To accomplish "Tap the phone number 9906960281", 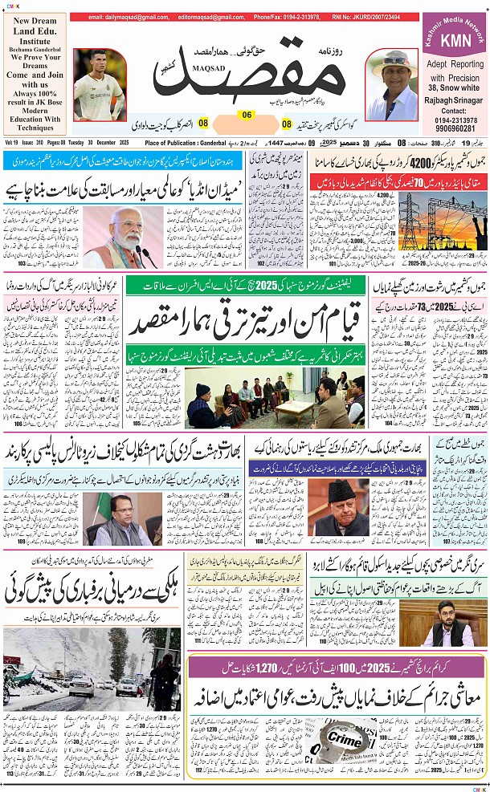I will coord(454,128).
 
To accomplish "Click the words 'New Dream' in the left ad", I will coord(34,21).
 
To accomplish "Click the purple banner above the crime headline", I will coord(337,664).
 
